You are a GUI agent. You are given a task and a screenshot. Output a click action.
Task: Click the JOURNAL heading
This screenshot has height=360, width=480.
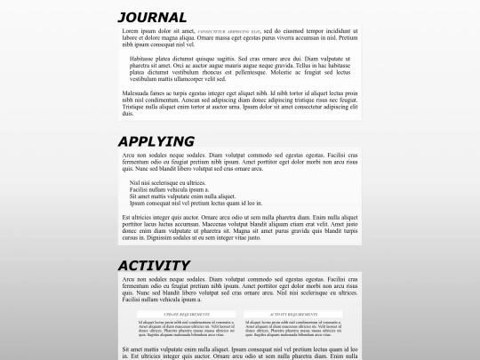click(x=152, y=17)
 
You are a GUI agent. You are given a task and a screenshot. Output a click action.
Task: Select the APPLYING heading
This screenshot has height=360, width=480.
click(x=156, y=141)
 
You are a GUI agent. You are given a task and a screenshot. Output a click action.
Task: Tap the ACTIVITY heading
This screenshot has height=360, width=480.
click(x=154, y=265)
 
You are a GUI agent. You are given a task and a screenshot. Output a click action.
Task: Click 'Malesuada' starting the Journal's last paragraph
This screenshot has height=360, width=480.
click(x=136, y=92)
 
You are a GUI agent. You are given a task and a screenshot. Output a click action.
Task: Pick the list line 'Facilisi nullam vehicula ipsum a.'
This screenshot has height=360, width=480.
click(x=169, y=189)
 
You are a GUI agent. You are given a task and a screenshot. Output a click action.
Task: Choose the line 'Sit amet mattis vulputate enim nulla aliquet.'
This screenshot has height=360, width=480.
click(x=182, y=196)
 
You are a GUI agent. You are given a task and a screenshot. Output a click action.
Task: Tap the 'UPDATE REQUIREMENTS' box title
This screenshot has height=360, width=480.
click(x=186, y=315)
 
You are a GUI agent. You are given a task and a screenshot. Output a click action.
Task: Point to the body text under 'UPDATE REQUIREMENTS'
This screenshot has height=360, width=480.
click(x=186, y=328)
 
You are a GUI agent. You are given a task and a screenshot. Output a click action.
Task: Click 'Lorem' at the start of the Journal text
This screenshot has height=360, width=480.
click(x=131, y=31)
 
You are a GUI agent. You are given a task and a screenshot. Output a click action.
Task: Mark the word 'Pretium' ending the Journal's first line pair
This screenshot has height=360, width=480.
click(x=347, y=38)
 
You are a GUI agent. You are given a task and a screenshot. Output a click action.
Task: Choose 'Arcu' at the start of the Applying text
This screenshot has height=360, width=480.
click(x=129, y=155)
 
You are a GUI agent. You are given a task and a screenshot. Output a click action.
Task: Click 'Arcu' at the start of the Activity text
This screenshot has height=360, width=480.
click(x=129, y=280)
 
